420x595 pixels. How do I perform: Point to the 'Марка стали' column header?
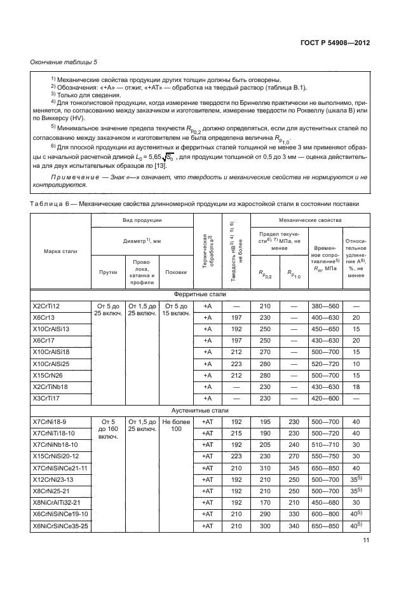click(x=60, y=252)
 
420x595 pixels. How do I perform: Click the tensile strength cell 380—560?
click(x=326, y=306)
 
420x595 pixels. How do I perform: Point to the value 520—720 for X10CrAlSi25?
click(x=326, y=364)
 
